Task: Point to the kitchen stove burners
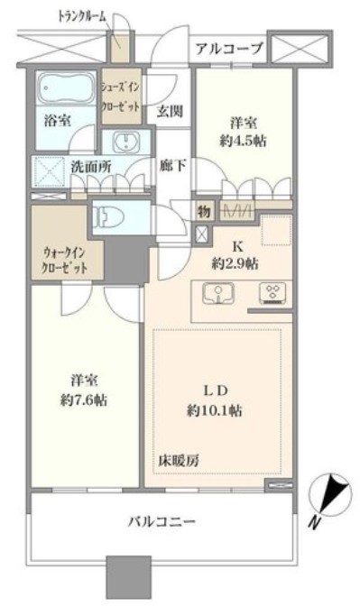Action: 270,292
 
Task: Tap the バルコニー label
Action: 162,521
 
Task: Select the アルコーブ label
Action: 230,48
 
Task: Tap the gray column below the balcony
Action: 125,576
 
